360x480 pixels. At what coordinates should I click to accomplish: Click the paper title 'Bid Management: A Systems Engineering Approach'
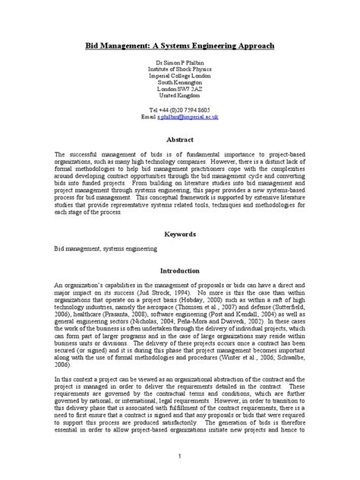pos(179,46)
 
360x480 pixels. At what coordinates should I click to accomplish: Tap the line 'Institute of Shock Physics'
pos(179,75)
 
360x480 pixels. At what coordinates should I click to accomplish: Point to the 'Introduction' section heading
pos(179,270)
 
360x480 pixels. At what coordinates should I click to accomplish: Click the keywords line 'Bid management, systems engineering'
pos(106,248)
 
